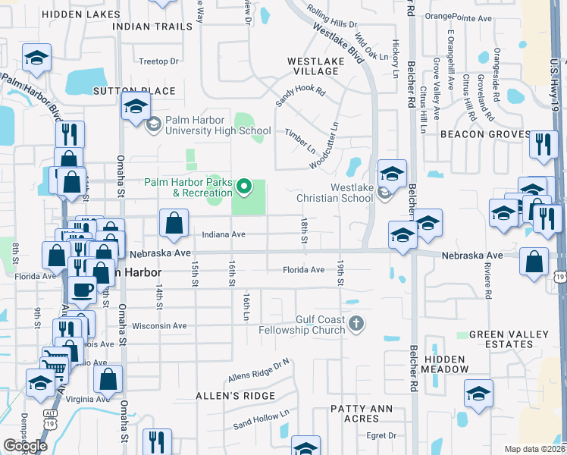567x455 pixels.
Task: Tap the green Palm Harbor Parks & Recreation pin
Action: point(244,185)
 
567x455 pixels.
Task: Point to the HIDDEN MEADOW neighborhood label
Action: point(446,363)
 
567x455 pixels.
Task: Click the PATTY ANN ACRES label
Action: point(355,413)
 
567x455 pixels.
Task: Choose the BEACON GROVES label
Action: point(493,134)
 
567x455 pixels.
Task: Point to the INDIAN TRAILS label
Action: point(152,27)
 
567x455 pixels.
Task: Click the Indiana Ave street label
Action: point(224,235)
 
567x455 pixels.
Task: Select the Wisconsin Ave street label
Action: point(159,326)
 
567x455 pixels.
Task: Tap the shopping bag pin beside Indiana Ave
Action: point(174,224)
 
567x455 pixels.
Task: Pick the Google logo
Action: point(25,446)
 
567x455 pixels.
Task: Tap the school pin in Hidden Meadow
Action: point(478,394)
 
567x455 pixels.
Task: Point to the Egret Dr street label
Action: point(381,435)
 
